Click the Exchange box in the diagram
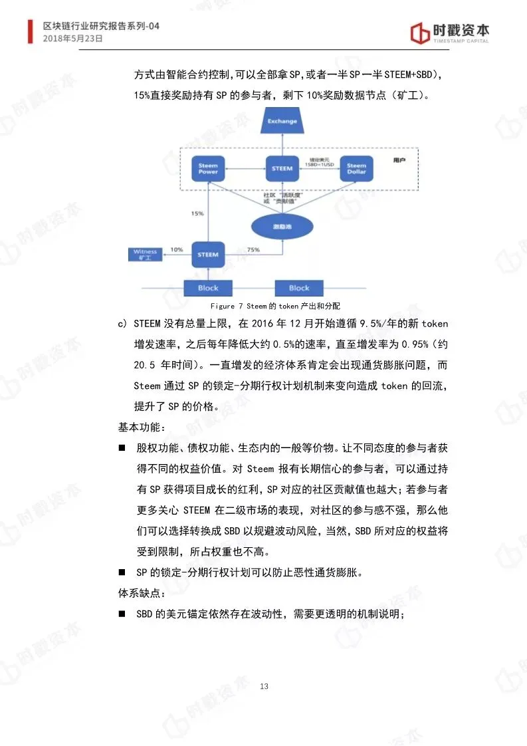282,122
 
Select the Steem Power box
208,169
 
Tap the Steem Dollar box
356,169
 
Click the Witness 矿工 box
146,255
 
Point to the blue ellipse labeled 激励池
282,227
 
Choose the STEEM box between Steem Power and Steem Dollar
282,169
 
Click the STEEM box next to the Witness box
208,255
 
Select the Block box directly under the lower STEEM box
208,288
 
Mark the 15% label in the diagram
197,214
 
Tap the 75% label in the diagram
253,249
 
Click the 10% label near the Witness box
177,249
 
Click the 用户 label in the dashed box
399,160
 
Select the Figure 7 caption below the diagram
274,307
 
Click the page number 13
264,686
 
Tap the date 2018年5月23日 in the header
73,39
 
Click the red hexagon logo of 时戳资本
419,33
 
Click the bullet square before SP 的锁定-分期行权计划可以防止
122,572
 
